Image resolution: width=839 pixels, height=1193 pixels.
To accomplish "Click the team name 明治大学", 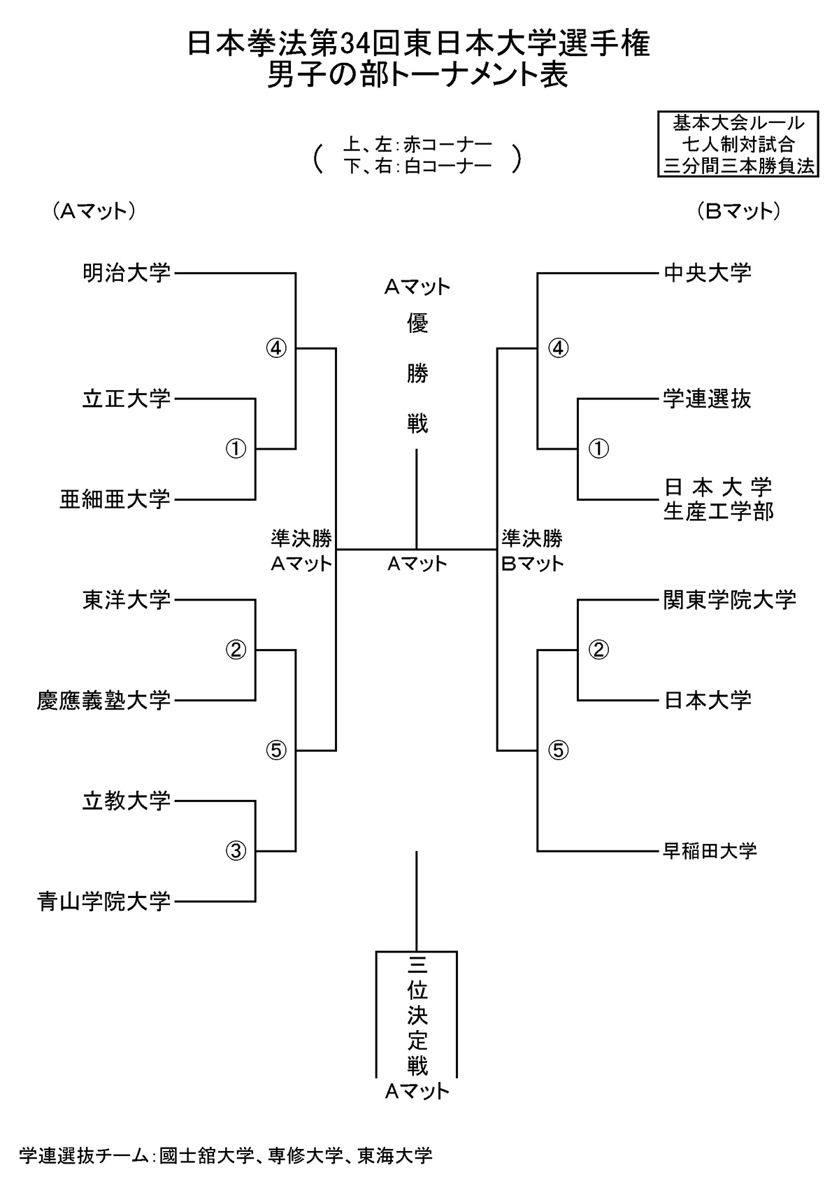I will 127,273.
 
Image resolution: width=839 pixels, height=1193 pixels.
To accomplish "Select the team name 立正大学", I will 127,399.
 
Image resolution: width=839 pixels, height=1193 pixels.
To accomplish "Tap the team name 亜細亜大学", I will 115,499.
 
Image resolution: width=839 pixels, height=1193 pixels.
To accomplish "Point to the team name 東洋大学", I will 127,600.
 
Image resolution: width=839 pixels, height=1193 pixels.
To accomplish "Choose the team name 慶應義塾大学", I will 104,700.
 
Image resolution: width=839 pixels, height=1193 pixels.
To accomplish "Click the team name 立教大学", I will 127,801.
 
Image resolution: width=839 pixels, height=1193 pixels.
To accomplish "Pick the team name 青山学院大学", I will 104,901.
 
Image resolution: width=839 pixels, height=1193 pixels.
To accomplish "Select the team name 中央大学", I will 708,273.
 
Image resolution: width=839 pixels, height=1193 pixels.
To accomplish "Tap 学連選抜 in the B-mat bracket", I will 708,399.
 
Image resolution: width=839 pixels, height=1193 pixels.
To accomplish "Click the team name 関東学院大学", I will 730,600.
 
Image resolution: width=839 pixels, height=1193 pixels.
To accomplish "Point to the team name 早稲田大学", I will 710,851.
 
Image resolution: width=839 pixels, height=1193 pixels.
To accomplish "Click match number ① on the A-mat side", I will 236,448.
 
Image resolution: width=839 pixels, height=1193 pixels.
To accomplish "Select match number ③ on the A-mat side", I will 236,850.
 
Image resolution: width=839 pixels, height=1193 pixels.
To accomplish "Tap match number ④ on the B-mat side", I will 558,348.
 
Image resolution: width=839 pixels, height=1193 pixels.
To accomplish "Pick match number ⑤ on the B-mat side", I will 558,750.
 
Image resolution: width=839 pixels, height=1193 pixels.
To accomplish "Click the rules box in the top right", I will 738,145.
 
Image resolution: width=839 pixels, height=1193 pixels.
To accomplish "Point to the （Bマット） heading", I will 738,211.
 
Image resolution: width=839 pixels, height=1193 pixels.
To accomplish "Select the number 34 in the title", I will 354,45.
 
